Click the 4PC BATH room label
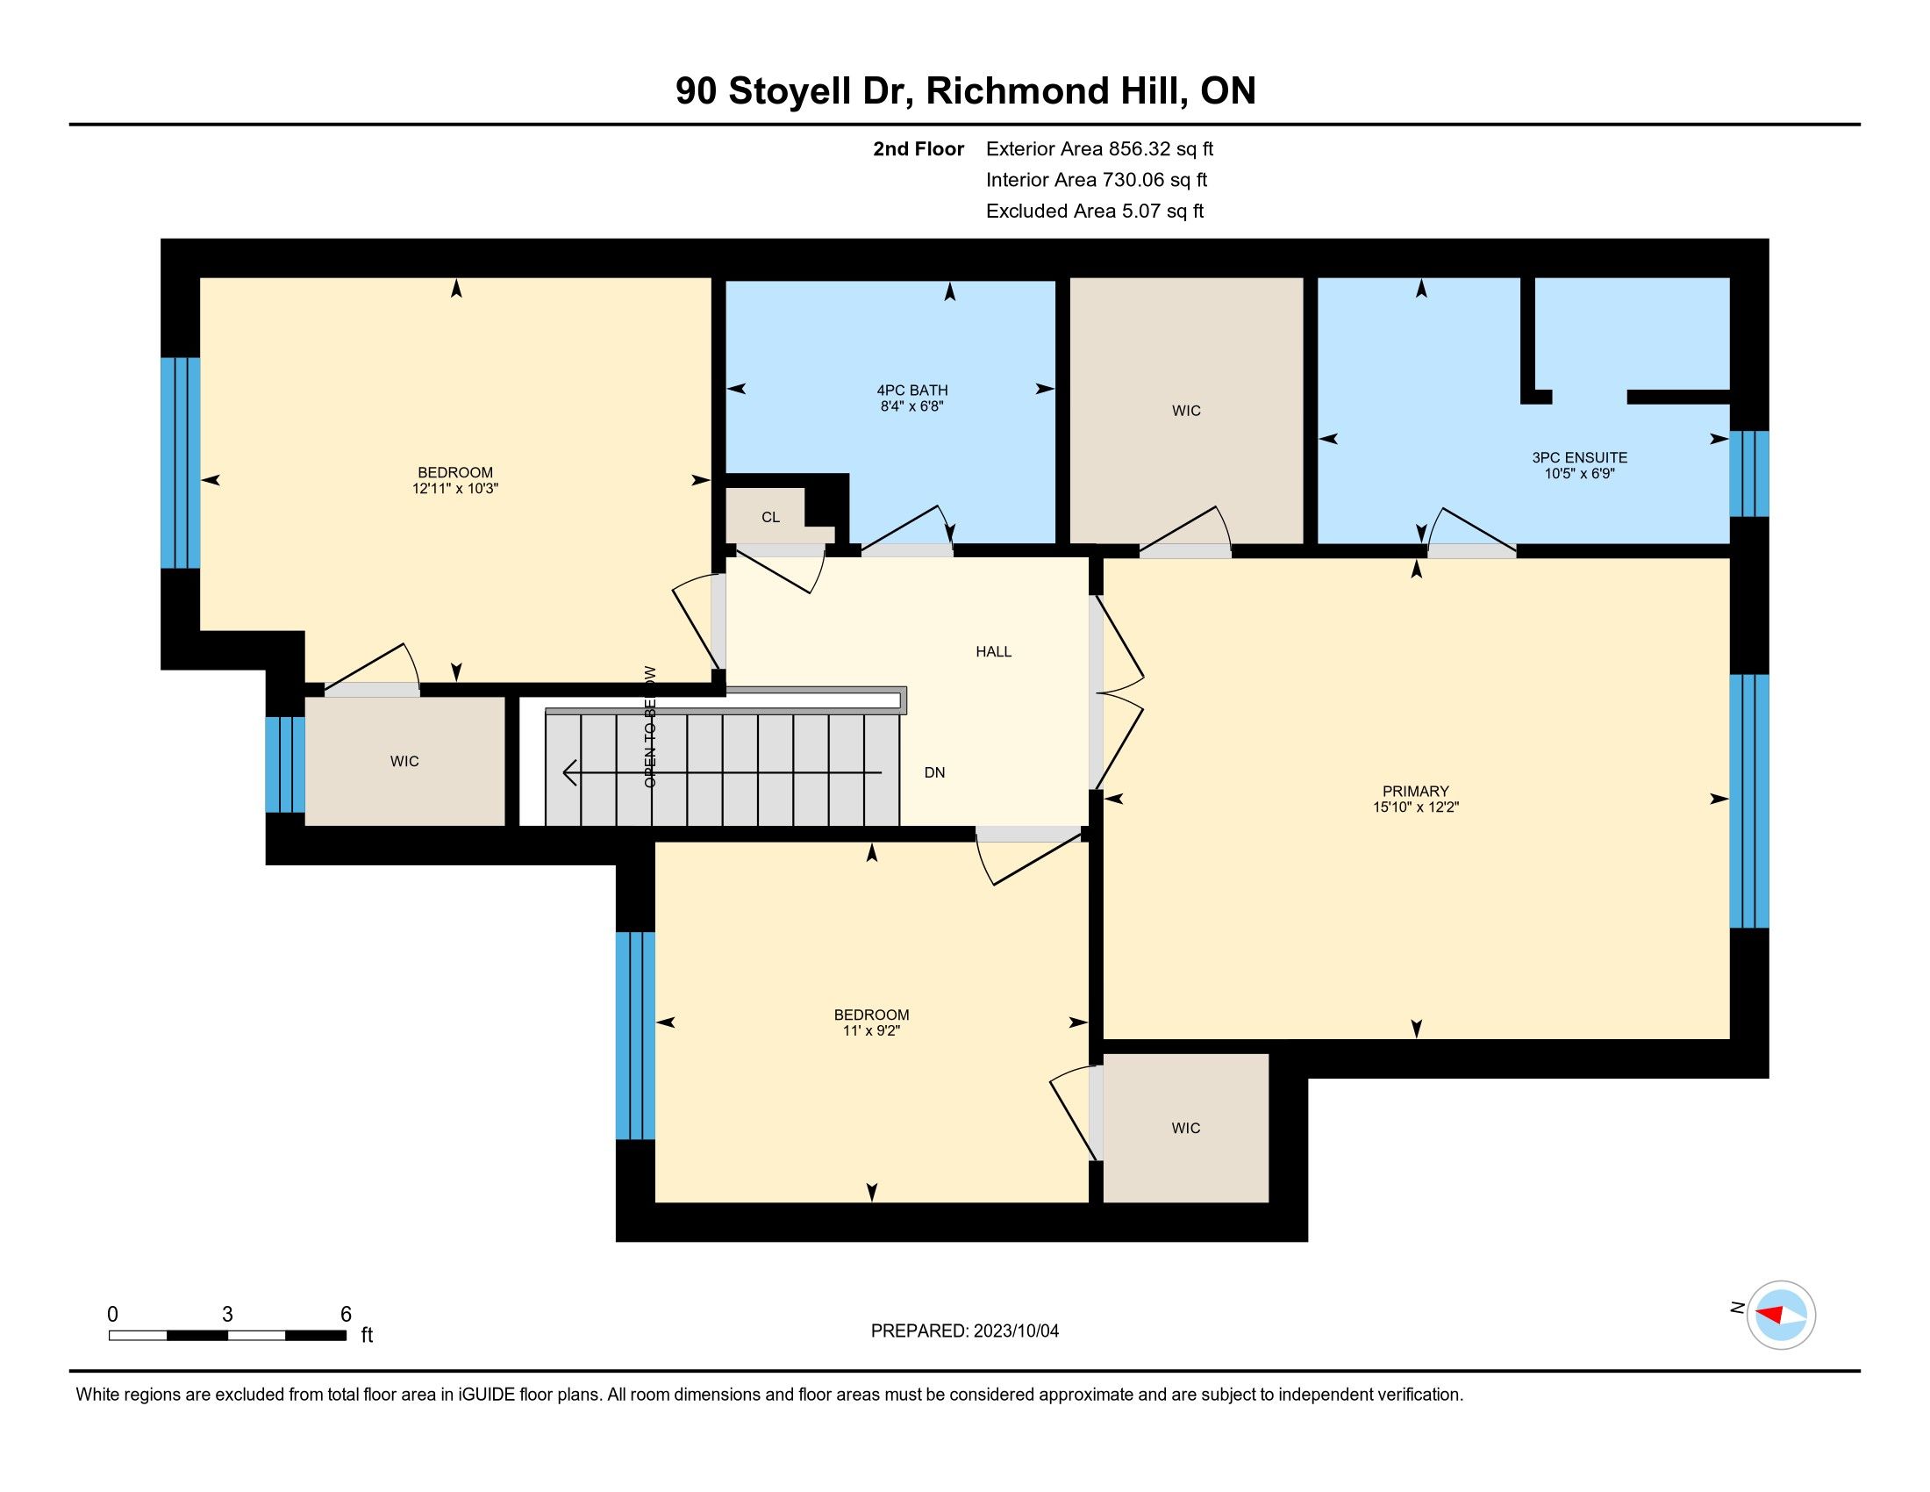click(x=912, y=390)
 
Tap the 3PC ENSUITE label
click(x=1579, y=457)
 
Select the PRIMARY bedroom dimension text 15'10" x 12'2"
click(x=1416, y=807)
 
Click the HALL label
click(x=993, y=651)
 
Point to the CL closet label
click(x=770, y=517)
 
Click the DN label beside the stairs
click(x=934, y=772)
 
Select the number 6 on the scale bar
click(x=347, y=1315)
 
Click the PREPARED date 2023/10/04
click(x=1015, y=1331)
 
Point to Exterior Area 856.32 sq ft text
click(x=1099, y=148)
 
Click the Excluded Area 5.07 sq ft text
click(x=1095, y=211)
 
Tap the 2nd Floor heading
click(x=919, y=148)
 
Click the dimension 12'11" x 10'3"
click(x=455, y=488)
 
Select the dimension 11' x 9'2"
click(x=871, y=1030)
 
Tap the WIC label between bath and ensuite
click(x=1186, y=410)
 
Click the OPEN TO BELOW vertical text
click(x=650, y=727)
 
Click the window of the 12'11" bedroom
click(x=180, y=463)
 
